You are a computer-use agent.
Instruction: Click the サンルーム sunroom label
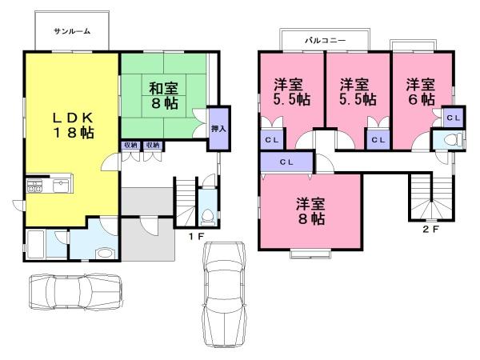pyautogui.click(x=72, y=31)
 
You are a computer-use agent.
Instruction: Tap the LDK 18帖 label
pyautogui.click(x=74, y=126)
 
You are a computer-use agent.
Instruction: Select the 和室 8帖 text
pyautogui.click(x=164, y=96)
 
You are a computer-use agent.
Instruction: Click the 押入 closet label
pyautogui.click(x=218, y=129)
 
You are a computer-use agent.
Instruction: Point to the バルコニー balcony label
pyautogui.click(x=325, y=40)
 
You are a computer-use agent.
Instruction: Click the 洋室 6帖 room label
pyautogui.click(x=421, y=91)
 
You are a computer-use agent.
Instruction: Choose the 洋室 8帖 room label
pyautogui.click(x=310, y=211)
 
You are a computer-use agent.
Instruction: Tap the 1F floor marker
pyautogui.click(x=196, y=236)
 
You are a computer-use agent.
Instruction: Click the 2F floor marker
pyautogui.click(x=431, y=230)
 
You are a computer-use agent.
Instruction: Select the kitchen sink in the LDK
pyautogui.click(x=62, y=186)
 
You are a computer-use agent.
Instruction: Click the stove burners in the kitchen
pyautogui.click(x=34, y=186)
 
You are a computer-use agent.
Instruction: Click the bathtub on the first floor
pyautogui.click(x=35, y=244)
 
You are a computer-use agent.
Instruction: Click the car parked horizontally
pyautogui.click(x=76, y=292)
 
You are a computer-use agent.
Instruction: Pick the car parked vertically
pyautogui.click(x=224, y=294)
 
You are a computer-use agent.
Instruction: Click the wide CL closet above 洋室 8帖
pyautogui.click(x=287, y=162)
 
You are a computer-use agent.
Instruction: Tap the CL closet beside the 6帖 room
pyautogui.click(x=454, y=118)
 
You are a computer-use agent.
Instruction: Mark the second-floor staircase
pyautogui.click(x=432, y=197)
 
